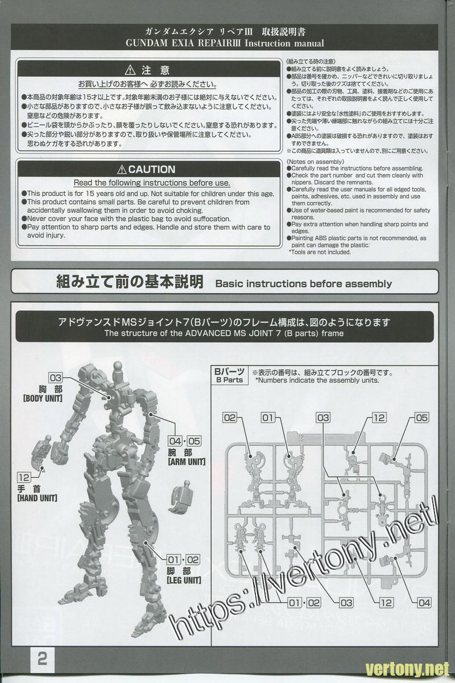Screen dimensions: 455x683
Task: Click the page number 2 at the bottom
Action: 42,660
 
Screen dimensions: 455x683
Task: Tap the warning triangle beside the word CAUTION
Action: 122,169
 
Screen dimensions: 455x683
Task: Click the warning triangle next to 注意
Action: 130,70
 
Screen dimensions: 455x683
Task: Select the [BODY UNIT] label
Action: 43,398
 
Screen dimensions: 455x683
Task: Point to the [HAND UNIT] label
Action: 38,498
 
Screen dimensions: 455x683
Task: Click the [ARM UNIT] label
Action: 187,462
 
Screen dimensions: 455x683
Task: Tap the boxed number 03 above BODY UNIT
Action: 56,378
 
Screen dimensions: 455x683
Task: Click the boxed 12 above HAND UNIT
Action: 24,478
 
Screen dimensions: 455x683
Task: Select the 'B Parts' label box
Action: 229,375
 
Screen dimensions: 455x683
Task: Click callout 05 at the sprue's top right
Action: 422,418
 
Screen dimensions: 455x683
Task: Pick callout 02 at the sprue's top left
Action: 230,418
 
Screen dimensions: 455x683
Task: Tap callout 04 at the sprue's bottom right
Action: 424,603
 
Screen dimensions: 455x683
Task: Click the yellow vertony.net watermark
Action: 407,669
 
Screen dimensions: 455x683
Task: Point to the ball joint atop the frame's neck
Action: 118,365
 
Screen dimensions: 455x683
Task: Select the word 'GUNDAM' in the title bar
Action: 147,43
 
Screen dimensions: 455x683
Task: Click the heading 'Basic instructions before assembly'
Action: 304,283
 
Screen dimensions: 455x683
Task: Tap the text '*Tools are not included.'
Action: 320,252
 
